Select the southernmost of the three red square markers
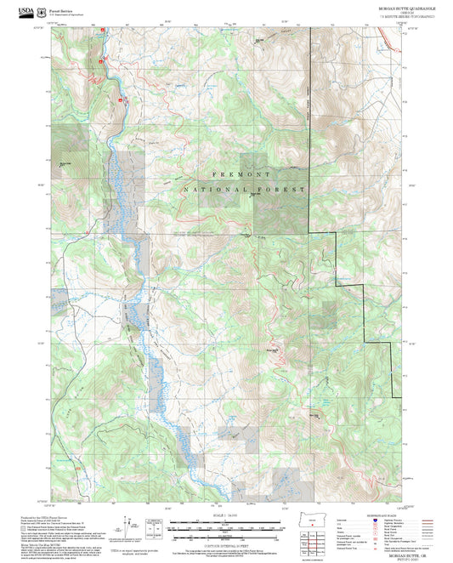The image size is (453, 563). pos(122,100)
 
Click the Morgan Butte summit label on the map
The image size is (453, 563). pos(272,346)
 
